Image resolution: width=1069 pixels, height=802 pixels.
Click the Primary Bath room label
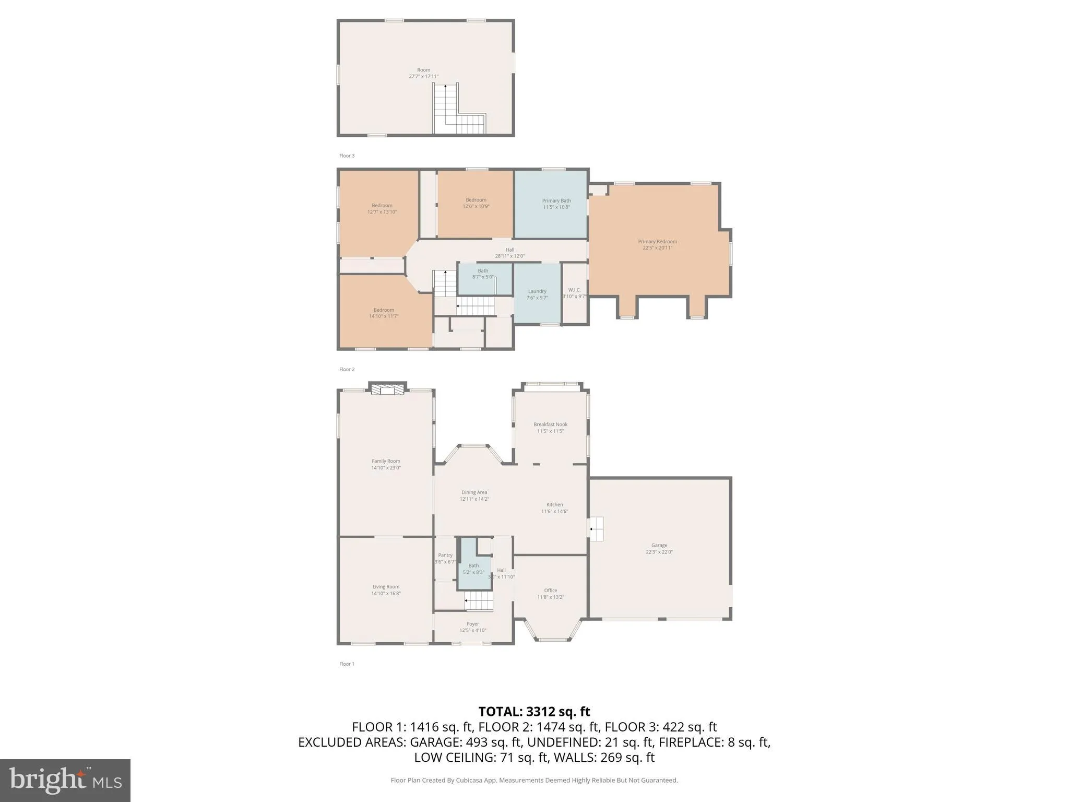[x=556, y=204]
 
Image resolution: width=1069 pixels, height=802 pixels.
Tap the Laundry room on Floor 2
[x=537, y=294]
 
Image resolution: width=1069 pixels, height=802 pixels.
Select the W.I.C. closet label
[x=574, y=293]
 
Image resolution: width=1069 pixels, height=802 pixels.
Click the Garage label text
[x=659, y=545]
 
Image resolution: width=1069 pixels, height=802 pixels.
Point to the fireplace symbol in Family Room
[x=387, y=390]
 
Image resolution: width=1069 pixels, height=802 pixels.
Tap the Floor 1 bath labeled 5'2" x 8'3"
[x=473, y=569]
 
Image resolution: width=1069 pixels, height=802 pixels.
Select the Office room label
[x=551, y=594]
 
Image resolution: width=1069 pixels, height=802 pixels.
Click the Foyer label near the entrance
[x=473, y=627]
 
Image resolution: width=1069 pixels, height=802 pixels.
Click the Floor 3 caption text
[x=347, y=156]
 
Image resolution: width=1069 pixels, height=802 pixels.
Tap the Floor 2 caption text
[x=347, y=369]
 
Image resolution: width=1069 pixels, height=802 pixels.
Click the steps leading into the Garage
[x=596, y=529]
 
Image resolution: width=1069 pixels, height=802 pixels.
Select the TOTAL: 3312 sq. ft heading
[x=534, y=711]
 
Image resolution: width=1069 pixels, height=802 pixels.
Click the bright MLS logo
[x=65, y=780]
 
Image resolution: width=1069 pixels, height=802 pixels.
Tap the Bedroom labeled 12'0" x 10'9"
[x=476, y=203]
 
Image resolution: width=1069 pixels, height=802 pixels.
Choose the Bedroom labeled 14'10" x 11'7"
[x=384, y=313]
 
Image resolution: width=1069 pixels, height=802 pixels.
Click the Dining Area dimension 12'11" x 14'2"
[x=474, y=499]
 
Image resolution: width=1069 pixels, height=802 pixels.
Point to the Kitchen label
[x=554, y=504]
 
